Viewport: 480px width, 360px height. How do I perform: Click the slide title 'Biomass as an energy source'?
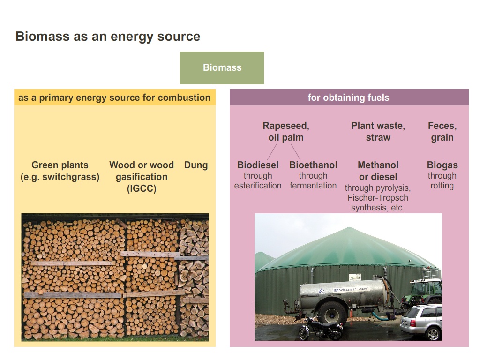point(108,37)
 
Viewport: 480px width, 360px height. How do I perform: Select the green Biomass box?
point(222,67)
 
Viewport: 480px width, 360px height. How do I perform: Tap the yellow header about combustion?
point(114,97)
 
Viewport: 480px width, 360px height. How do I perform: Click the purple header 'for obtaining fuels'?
point(348,97)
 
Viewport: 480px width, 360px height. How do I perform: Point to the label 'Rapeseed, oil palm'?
point(285,132)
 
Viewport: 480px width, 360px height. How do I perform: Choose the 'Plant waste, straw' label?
point(378,132)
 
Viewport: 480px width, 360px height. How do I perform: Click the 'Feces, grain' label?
point(442,132)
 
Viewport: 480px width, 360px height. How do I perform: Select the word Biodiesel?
point(258,165)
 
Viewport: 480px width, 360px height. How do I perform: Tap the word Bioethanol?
point(313,165)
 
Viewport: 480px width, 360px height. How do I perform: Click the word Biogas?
point(442,165)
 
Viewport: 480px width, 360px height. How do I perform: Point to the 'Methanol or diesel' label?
point(378,171)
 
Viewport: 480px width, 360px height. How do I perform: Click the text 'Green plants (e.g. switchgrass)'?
point(60,171)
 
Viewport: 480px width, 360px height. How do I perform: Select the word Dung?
point(195,165)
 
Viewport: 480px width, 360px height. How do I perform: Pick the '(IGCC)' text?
point(142,189)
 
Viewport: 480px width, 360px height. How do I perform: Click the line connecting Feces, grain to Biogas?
point(443,151)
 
